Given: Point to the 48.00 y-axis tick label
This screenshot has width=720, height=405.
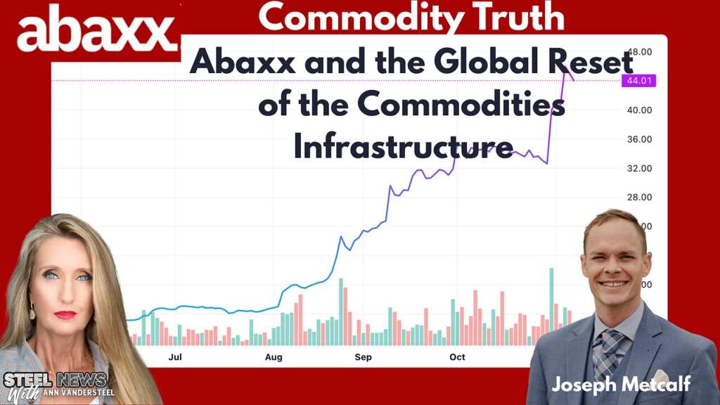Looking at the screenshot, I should (639, 52).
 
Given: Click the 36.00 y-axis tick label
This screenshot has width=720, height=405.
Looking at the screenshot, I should (639, 139).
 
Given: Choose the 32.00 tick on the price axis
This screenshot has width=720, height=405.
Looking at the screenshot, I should (639, 168).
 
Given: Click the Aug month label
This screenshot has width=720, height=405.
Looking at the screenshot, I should (274, 357).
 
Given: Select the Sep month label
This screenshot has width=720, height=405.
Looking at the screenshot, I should (363, 357).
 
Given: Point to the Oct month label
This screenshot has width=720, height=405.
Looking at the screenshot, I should (458, 357).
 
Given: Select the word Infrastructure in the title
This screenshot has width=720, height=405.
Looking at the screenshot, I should (403, 148).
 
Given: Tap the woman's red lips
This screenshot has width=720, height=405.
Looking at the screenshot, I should (65, 314).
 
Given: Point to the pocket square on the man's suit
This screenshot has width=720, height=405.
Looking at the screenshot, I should (660, 377).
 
